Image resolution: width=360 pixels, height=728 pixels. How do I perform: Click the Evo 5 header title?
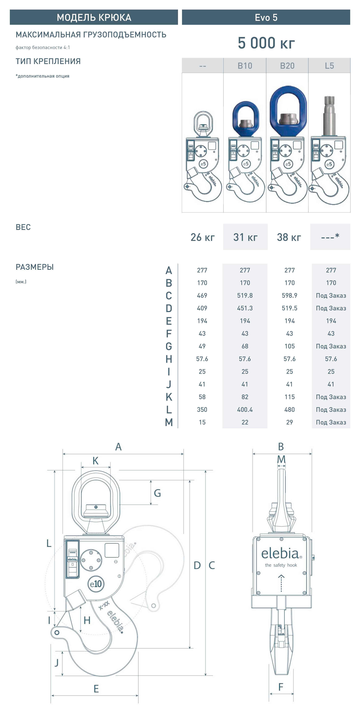(266, 17)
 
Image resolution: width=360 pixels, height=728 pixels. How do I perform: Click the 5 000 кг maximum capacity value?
(266, 43)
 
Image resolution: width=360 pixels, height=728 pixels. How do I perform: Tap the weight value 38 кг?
(289, 237)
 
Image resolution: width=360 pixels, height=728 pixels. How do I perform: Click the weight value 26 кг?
(202, 237)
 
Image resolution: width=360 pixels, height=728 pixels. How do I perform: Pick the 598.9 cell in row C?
(289, 295)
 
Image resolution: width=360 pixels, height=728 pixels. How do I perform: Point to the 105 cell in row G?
(289, 346)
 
